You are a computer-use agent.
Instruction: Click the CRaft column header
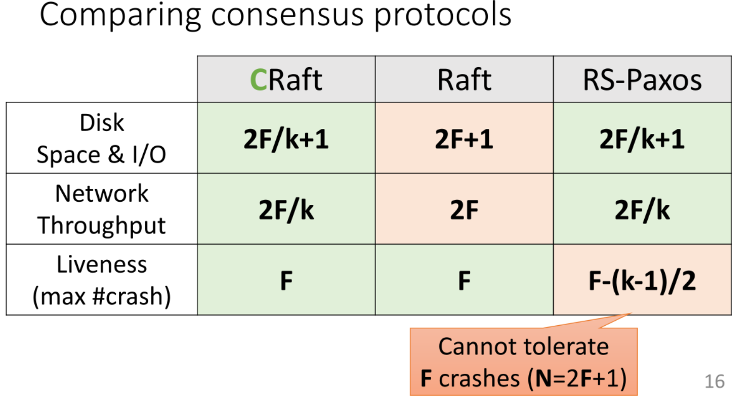coord(286,79)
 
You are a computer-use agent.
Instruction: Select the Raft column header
coord(464,79)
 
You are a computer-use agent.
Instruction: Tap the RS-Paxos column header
coord(642,79)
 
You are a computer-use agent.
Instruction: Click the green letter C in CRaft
coord(259,80)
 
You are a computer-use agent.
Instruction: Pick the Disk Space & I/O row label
coord(102,138)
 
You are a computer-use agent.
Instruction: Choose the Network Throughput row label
coord(102,209)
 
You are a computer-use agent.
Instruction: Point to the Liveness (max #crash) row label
coord(102,280)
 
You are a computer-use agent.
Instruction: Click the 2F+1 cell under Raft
coord(464,138)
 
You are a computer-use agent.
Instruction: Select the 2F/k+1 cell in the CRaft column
coord(286,138)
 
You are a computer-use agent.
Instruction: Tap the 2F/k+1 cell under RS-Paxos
coord(642,138)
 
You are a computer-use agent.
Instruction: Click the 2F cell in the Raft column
coord(464,209)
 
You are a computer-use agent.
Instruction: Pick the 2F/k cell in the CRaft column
coord(286,209)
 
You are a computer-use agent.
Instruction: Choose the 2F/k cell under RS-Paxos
coord(642,209)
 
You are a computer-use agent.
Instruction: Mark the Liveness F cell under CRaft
coord(286,280)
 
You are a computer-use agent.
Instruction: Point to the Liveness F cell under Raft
coord(464,280)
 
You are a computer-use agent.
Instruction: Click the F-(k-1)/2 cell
coord(642,280)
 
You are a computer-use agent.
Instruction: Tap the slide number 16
coord(715,381)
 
